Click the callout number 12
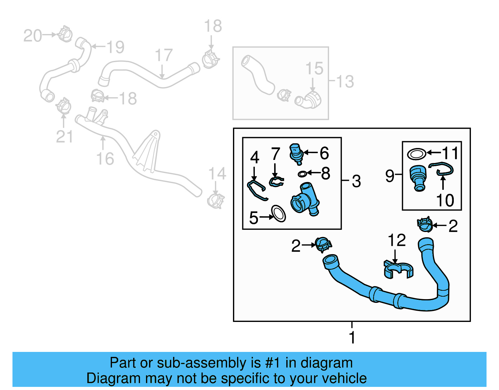[397, 240]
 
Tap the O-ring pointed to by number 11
[416, 154]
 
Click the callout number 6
[324, 153]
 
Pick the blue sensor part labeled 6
[296, 153]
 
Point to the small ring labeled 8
[302, 174]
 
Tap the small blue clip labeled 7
[276, 181]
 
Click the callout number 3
[356, 181]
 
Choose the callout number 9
[390, 176]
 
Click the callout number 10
[445, 200]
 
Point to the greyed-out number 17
[164, 55]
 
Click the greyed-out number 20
[32, 36]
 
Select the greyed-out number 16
[105, 159]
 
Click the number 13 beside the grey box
[345, 81]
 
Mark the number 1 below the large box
[352, 338]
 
